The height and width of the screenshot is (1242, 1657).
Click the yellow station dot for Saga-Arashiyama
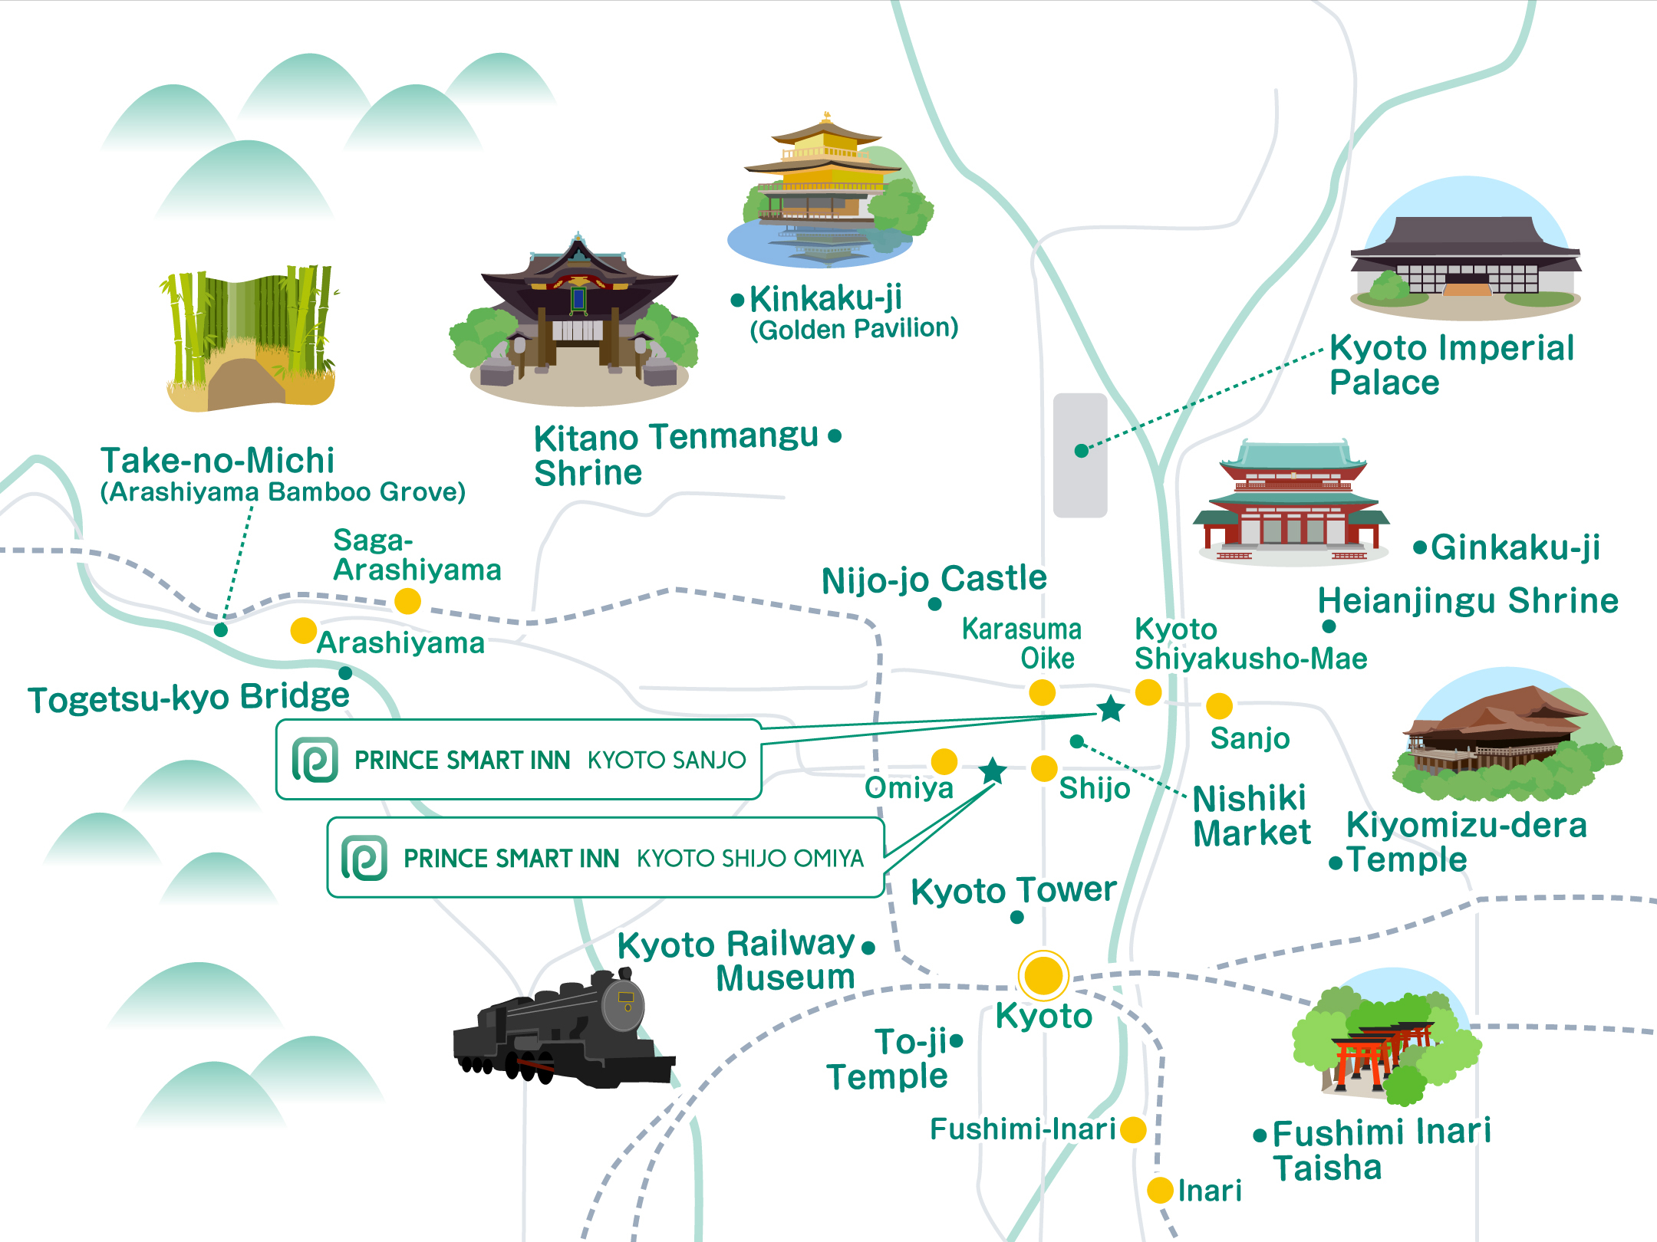click(407, 601)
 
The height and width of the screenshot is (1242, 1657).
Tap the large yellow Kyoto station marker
click(1043, 975)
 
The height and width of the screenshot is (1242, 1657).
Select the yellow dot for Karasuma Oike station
click(1042, 692)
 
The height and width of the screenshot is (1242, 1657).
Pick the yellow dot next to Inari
click(1160, 1190)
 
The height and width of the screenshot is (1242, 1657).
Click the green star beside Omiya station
click(993, 770)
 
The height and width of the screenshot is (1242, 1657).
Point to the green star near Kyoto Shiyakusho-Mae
click(1110, 708)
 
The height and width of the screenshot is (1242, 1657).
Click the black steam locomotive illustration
click(564, 1031)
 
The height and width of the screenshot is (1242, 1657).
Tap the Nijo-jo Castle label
click(934, 579)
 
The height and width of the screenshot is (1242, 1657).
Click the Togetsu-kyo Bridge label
click(189, 698)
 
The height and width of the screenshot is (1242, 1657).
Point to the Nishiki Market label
click(1251, 816)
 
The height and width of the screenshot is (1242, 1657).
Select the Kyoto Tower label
click(1013, 891)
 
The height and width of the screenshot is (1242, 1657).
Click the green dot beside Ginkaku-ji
click(1420, 547)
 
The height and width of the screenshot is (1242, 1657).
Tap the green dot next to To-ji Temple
click(956, 1040)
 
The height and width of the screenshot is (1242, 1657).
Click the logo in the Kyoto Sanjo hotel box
click(315, 760)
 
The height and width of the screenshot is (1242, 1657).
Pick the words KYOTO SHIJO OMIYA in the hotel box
click(750, 858)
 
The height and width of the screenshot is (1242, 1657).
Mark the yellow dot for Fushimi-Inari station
click(1133, 1129)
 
